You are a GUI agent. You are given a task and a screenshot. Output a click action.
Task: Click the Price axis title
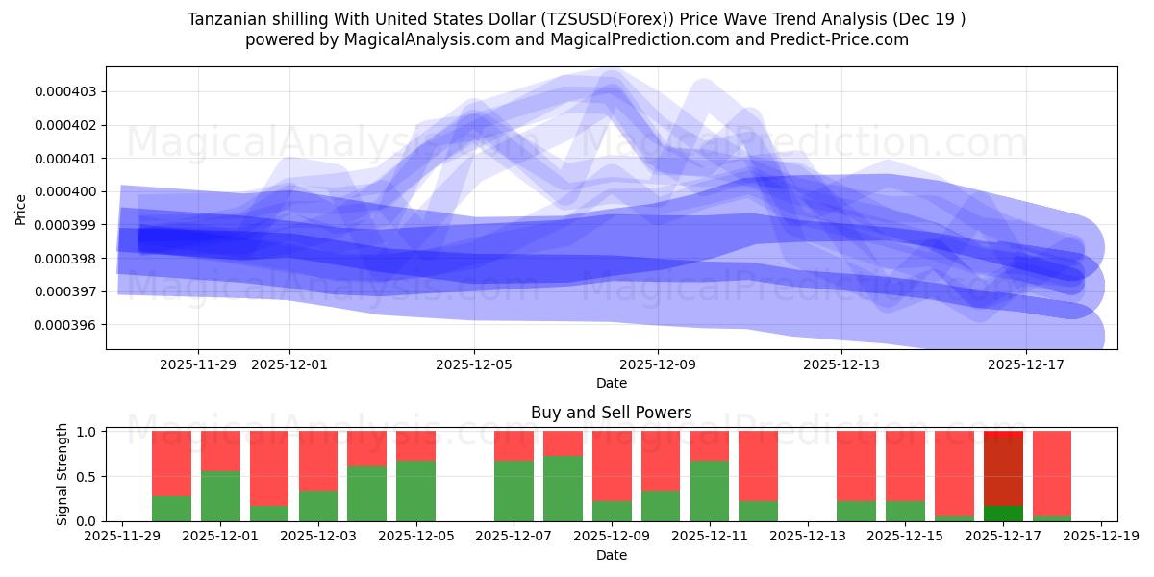point(21,208)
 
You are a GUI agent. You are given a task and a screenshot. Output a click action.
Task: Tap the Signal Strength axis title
point(63,474)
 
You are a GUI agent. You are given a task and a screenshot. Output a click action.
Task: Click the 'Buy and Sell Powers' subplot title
point(611,413)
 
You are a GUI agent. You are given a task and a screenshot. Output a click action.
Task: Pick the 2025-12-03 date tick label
point(317,536)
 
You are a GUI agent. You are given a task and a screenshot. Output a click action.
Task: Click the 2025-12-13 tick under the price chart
point(841,364)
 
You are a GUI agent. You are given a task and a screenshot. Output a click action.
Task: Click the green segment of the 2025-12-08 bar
point(563,489)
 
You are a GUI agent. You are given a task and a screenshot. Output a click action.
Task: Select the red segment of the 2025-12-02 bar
point(269,467)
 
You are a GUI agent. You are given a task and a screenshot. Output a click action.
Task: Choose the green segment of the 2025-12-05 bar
point(415,490)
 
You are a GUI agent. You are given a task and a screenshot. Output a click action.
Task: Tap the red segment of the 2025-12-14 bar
point(856,465)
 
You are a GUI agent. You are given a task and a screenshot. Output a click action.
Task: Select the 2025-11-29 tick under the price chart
point(198,364)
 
